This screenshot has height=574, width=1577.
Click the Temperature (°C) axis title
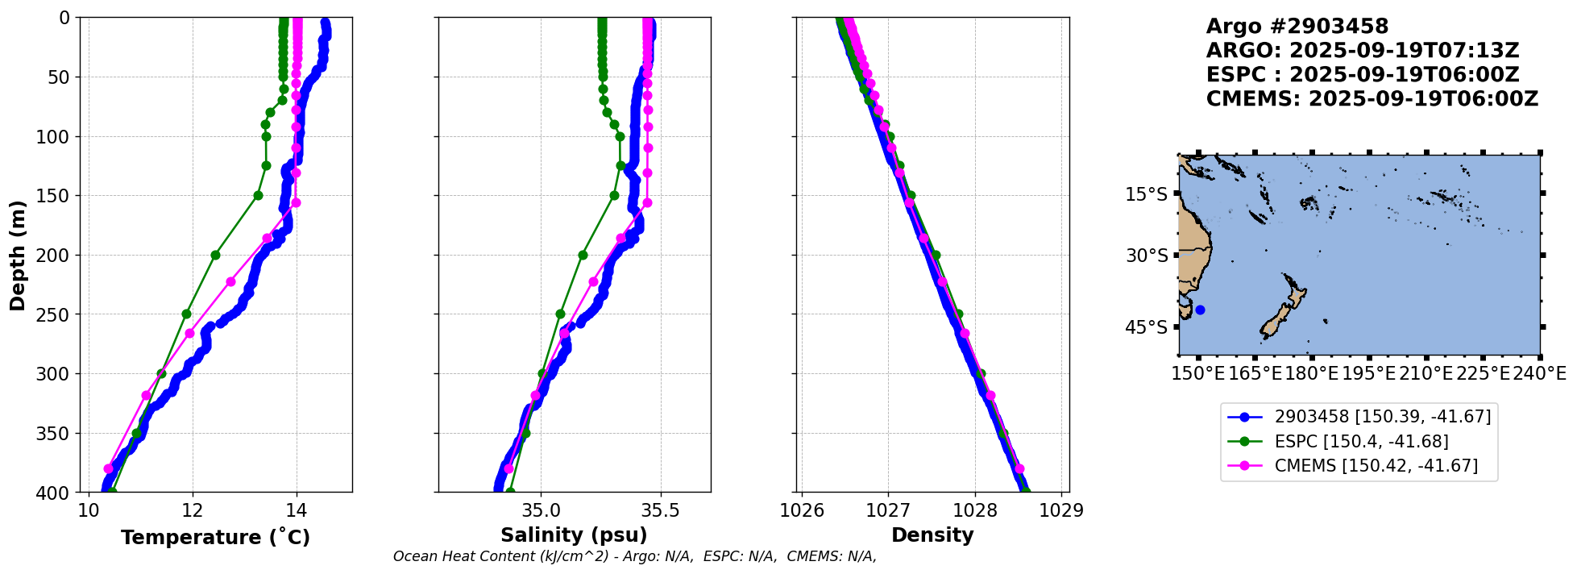click(215, 538)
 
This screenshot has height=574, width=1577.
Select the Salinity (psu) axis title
click(574, 535)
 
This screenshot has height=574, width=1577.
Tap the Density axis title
click(932, 535)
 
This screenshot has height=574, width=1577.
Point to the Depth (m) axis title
click(18, 255)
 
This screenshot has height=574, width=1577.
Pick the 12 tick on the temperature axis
click(193, 510)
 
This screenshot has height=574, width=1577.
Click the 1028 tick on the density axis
click(975, 510)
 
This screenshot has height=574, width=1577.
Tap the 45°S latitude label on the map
click(1146, 327)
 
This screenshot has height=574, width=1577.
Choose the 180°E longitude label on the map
click(1312, 373)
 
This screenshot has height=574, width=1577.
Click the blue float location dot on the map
click(1200, 310)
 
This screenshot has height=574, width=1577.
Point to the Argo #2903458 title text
click(1297, 27)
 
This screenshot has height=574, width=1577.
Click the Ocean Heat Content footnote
click(634, 556)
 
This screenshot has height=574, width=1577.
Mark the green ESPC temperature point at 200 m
click(215, 255)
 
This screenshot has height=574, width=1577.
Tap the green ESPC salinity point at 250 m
click(560, 314)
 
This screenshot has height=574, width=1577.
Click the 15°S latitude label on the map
click(1146, 194)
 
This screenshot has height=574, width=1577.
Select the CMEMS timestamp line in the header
click(1372, 99)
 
